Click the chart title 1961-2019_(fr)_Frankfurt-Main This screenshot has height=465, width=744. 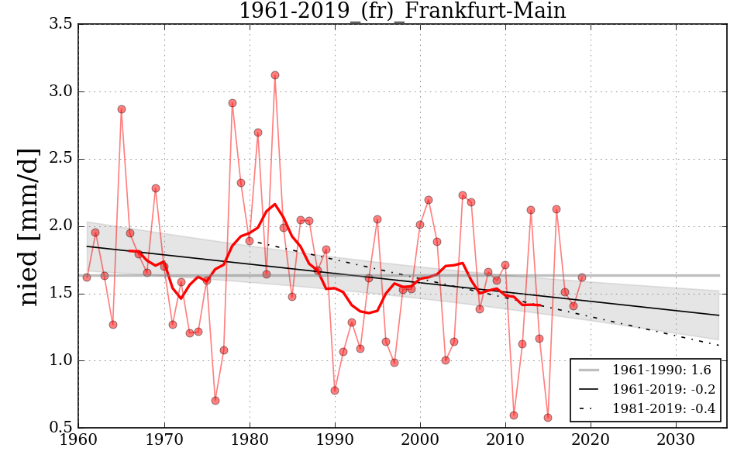402,11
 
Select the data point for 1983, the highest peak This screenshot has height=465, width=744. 275,75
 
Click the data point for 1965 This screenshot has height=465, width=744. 122,109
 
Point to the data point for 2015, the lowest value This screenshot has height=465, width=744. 548,418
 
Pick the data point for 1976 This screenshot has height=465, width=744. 215,401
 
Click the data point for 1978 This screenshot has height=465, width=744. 232,103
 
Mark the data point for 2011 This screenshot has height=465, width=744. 514,415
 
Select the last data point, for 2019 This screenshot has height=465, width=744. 582,277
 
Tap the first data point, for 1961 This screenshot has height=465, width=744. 87,277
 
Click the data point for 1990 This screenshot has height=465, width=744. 335,391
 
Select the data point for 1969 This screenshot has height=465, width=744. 156,188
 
